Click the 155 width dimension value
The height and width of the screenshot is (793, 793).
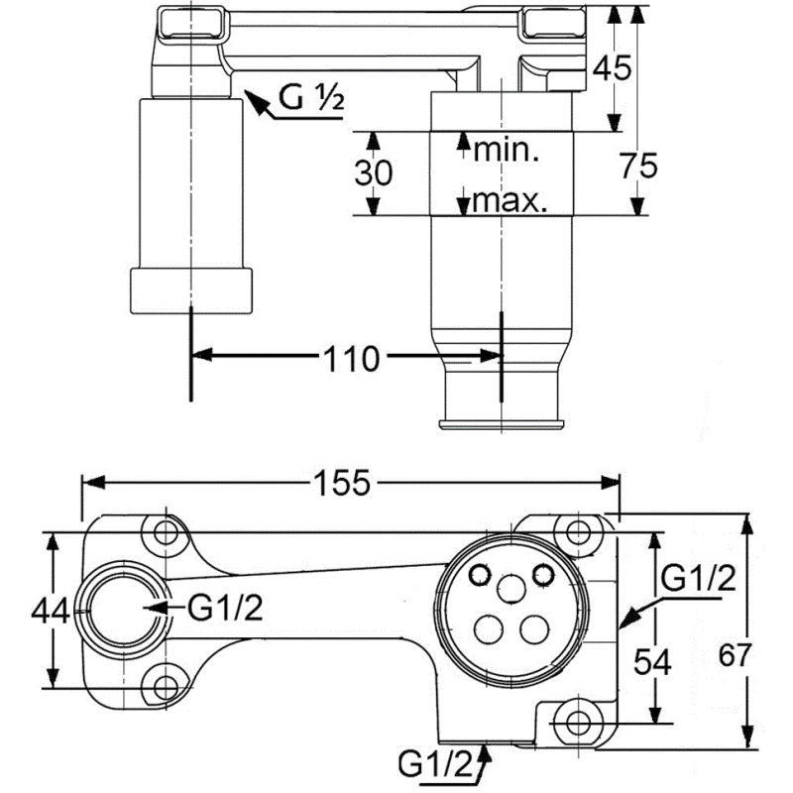point(342,483)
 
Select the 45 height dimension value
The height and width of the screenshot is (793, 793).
point(612,68)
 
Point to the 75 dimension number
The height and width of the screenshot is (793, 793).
point(638,168)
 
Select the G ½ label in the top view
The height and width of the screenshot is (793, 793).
point(310,98)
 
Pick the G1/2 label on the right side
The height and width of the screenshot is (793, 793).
point(698,579)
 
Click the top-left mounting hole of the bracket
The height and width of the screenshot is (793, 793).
point(165,533)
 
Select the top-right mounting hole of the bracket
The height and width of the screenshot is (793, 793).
point(572,529)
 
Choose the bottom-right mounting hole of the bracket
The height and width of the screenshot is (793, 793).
point(574,718)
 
